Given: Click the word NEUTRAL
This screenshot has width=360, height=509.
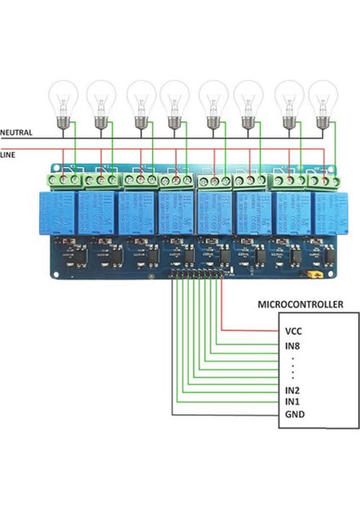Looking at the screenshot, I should point(17,133).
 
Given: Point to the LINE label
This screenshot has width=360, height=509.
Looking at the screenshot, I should point(8,154).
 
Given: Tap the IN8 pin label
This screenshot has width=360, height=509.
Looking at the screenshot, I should point(294,345).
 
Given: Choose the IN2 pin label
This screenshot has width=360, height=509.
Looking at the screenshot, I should point(294,389).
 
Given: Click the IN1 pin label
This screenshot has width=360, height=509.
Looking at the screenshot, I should point(294,401).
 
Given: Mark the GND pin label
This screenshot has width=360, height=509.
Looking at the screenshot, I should point(295,414).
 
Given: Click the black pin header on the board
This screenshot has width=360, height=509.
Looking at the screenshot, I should point(200,276).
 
